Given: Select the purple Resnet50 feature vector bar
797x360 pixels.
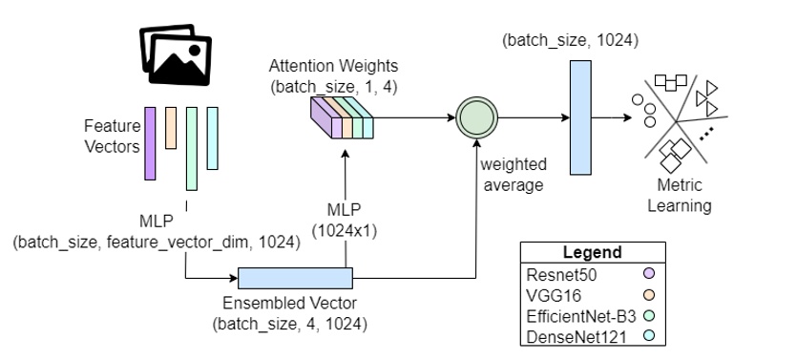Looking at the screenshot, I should pos(150,142).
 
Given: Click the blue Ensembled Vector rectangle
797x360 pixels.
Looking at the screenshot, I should pos(296,278).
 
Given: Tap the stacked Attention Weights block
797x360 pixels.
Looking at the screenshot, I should pos(343,122).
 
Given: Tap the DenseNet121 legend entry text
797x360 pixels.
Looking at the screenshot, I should pos(564,334).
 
